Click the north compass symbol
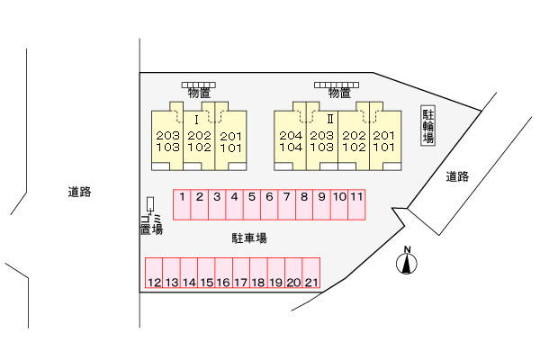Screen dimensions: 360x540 point(408,262)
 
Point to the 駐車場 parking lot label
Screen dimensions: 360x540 point(249,238)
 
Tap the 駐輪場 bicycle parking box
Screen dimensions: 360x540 point(428,127)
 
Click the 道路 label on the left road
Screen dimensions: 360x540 point(79,192)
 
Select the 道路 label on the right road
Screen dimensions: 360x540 point(458,177)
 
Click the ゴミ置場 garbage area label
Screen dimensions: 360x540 point(150,224)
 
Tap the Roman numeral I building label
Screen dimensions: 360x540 point(196,119)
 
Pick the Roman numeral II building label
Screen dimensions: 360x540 point(331,119)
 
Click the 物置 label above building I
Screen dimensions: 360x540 point(199,93)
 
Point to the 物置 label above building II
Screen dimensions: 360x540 point(338,93)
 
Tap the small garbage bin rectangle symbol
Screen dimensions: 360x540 point(150,205)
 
